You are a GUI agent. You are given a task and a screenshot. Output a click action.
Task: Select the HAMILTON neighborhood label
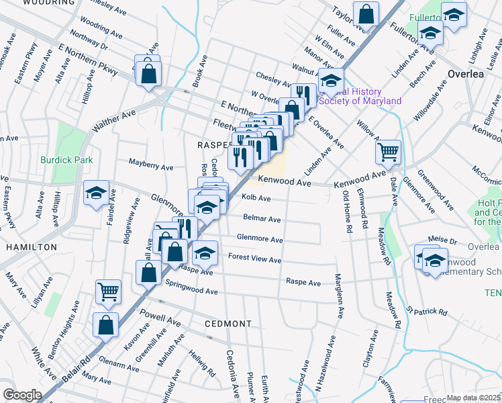[x=32, y=247]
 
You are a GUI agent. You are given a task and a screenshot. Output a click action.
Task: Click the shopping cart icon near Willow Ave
[x=388, y=152]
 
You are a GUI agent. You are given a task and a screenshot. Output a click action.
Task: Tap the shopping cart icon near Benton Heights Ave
[x=108, y=292]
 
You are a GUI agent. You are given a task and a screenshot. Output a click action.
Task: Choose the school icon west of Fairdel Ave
[x=96, y=193]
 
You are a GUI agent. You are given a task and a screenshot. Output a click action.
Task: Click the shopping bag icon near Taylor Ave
[x=366, y=13]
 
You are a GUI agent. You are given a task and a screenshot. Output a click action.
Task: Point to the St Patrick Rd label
[x=426, y=312]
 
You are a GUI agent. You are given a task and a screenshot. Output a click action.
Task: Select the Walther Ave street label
[x=114, y=121]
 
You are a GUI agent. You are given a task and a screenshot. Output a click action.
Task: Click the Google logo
[x=22, y=394]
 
